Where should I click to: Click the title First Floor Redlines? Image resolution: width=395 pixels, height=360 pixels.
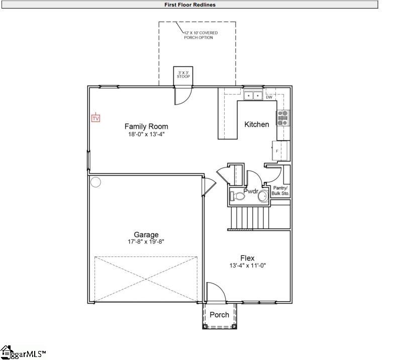click(190, 5)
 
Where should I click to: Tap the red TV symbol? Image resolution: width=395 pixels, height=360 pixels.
click(95, 118)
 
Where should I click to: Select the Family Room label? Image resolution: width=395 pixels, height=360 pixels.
click(146, 127)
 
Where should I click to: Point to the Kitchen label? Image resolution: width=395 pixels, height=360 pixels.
click(257, 124)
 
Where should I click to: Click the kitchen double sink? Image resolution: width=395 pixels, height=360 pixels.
click(253, 95)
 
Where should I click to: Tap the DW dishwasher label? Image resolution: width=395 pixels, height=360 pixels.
click(268, 97)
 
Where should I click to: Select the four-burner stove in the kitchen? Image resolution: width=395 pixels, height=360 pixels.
click(283, 117)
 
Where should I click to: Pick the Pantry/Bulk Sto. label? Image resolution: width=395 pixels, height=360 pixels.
click(280, 190)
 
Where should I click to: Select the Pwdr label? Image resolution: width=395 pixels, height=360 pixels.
click(250, 192)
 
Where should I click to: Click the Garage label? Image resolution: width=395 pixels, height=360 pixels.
click(146, 234)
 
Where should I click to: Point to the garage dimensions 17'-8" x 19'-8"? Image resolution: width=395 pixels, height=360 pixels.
click(146, 242)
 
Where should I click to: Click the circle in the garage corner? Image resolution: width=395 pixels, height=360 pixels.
click(96, 182)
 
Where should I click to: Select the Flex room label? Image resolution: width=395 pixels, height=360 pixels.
click(247, 258)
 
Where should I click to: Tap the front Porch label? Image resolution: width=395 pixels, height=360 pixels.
click(219, 315)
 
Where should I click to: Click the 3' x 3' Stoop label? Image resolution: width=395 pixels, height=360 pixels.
click(183, 74)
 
